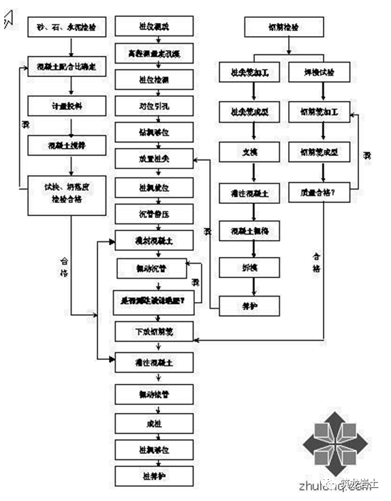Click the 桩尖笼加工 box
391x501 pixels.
point(249,71)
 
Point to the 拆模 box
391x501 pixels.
point(249,268)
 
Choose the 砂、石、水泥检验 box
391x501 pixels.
point(67,28)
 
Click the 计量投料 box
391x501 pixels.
point(67,106)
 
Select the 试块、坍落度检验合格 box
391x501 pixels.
point(67,194)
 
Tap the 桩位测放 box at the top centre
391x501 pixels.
point(156,28)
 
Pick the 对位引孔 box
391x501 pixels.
point(156,106)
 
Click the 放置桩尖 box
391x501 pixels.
point(156,159)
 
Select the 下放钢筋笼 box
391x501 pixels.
point(156,331)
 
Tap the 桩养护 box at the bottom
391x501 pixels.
point(156,474)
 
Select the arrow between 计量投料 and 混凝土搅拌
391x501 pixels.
point(67,125)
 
